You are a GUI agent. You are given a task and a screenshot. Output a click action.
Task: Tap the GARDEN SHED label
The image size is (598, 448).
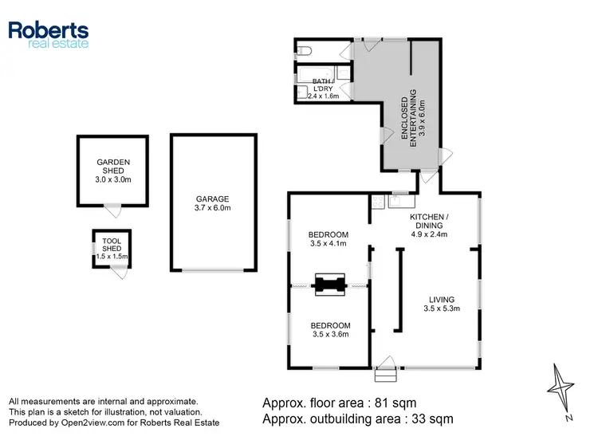112,170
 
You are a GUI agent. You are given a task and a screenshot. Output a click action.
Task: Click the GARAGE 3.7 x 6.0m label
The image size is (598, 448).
213,203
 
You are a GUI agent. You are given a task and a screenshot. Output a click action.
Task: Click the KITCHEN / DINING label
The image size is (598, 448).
428,226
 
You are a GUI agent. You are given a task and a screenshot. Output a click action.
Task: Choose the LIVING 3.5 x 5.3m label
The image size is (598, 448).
442,304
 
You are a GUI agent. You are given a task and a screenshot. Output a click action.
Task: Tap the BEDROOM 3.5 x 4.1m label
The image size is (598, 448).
328,238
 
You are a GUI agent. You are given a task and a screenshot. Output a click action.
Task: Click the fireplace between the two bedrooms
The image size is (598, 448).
329,285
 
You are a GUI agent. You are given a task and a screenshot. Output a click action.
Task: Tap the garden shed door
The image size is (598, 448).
115,211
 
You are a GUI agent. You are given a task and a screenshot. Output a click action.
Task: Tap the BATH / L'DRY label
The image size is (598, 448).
324,86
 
